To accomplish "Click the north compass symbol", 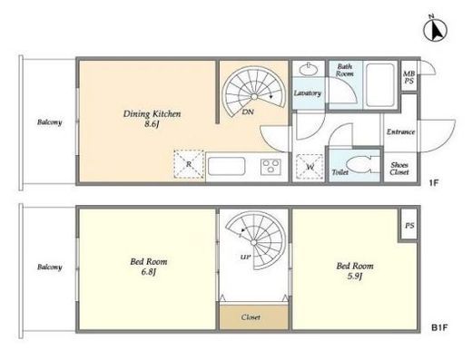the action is click(435, 30).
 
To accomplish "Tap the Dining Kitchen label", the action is click(152, 119).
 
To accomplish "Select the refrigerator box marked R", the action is click(189, 164).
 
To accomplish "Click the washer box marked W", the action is click(310, 167).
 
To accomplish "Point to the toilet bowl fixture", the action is click(359, 165).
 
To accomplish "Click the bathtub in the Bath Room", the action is click(380, 84).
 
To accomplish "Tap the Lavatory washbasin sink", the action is click(309, 69).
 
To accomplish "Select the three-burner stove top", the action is click(270, 167).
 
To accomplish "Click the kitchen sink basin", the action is click(226, 166).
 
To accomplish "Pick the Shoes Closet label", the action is click(399, 169).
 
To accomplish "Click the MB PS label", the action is click(408, 77).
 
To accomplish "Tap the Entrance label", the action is click(400, 131).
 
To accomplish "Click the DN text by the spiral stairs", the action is click(248, 112).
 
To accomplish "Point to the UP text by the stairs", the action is click(245, 258).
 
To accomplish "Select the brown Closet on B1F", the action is click(254, 317).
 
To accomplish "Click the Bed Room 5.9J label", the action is click(355, 271).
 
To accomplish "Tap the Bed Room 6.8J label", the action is click(149, 267).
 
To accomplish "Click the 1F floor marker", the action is click(433, 182).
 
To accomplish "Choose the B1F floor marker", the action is click(439, 327).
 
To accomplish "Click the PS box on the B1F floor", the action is click(409, 225).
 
